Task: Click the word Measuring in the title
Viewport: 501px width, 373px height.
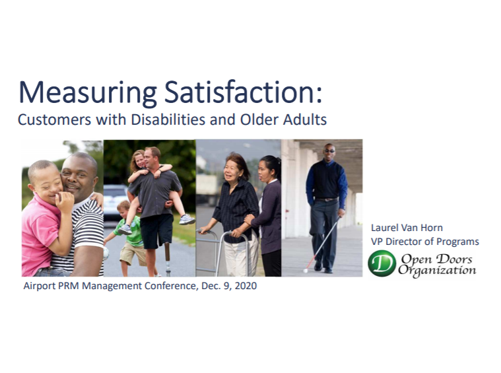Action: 88,92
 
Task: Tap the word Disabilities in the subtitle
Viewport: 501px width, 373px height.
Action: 168,119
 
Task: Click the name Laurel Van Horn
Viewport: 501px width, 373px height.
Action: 407,228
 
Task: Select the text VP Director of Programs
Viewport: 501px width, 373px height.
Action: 424,242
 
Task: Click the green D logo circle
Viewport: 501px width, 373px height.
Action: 382,263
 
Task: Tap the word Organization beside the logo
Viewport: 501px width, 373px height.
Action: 437,271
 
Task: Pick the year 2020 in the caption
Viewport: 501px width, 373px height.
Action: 246,285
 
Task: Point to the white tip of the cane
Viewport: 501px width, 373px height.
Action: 305,271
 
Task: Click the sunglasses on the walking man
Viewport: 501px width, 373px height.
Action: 329,151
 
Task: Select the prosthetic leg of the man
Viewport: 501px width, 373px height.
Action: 167,258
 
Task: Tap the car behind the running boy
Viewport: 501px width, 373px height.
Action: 114,202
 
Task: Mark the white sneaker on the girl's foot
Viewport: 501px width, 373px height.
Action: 187,219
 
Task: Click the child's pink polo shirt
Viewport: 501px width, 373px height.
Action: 38,233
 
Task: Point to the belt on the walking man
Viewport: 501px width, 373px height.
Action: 326,199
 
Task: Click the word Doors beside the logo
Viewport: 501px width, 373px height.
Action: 454,259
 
